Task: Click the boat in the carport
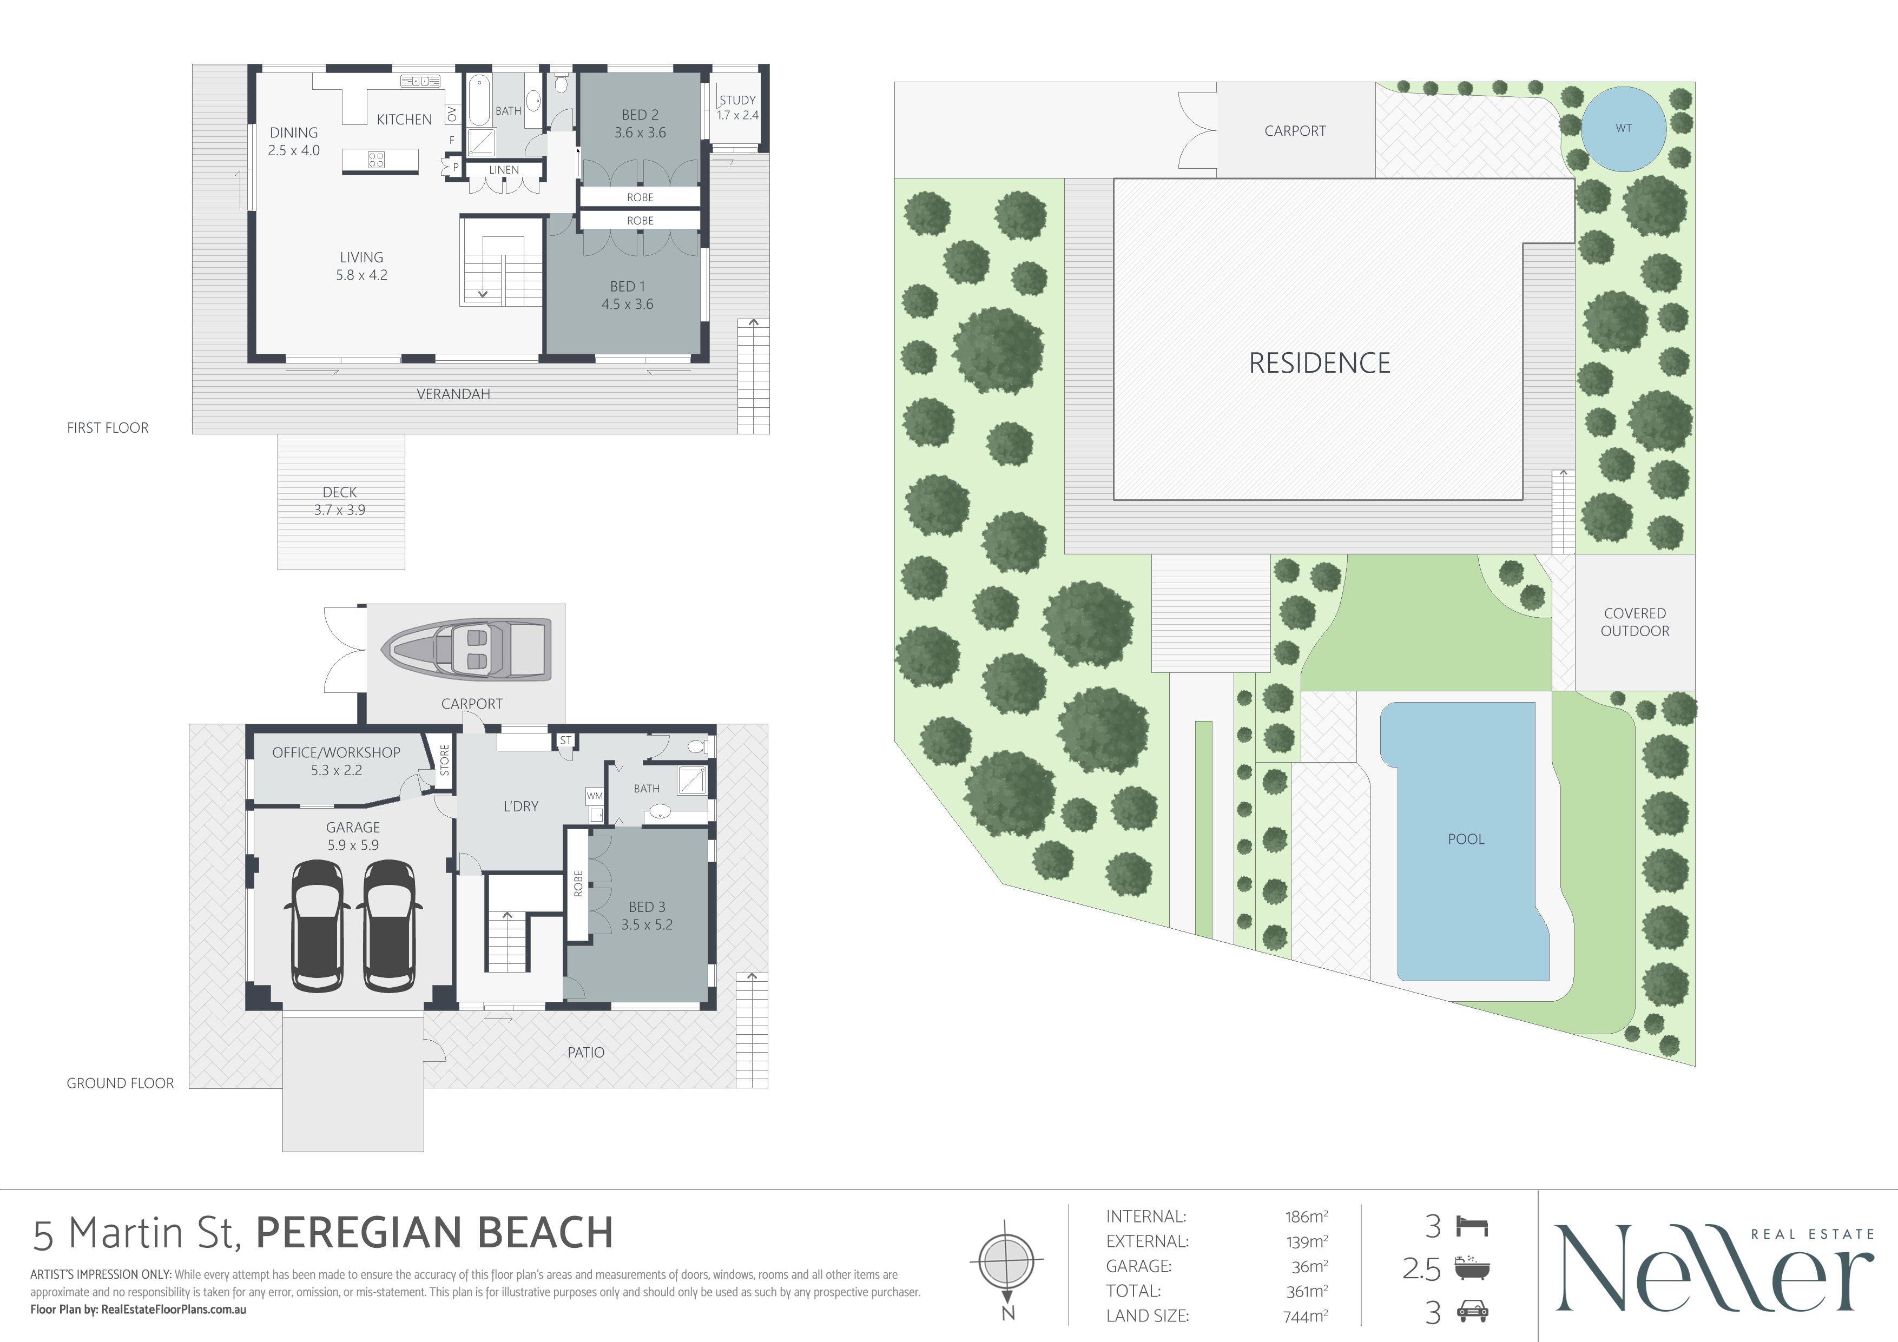466,650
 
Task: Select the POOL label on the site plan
1466,839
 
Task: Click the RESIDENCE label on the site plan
1319,363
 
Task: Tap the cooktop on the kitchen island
376,160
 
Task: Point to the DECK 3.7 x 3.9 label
340,501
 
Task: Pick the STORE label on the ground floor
444,760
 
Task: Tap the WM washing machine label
595,796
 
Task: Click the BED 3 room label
647,916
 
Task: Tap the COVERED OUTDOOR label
1635,622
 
